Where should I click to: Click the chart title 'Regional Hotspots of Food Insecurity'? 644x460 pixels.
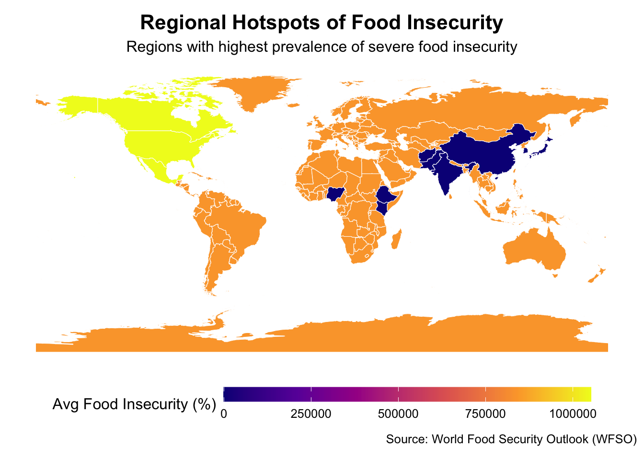pyautogui.click(x=322, y=23)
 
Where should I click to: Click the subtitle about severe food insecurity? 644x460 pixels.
pyautogui.click(x=322, y=47)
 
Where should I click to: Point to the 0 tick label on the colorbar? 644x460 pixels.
pyautogui.click(x=224, y=413)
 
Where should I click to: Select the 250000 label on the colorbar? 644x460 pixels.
pyautogui.click(x=311, y=413)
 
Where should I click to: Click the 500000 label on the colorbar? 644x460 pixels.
pyautogui.click(x=398, y=413)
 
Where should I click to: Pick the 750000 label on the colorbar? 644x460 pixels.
pyautogui.click(x=485, y=413)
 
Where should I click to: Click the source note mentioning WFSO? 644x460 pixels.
pyautogui.click(x=511, y=439)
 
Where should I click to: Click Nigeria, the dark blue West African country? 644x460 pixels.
pyautogui.click(x=334, y=194)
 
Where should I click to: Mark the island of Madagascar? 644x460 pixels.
pyautogui.click(x=396, y=239)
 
